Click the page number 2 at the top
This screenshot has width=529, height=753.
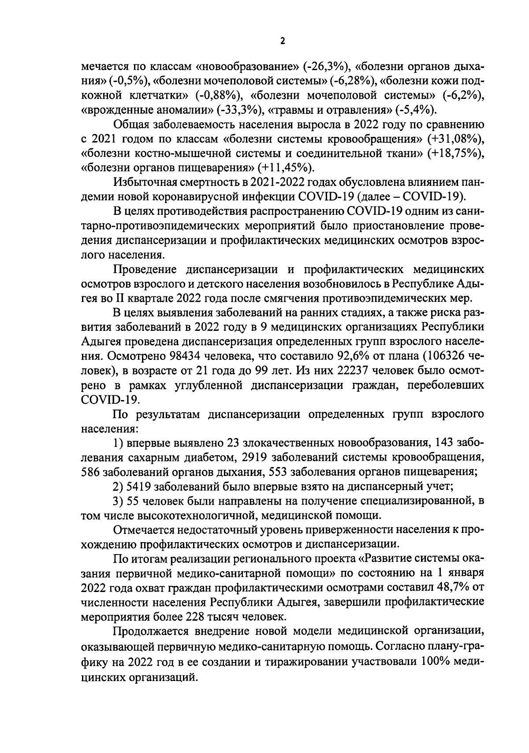coord(283,41)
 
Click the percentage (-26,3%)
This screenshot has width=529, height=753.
coord(325,67)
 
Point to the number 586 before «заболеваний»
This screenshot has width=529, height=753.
coord(91,472)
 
